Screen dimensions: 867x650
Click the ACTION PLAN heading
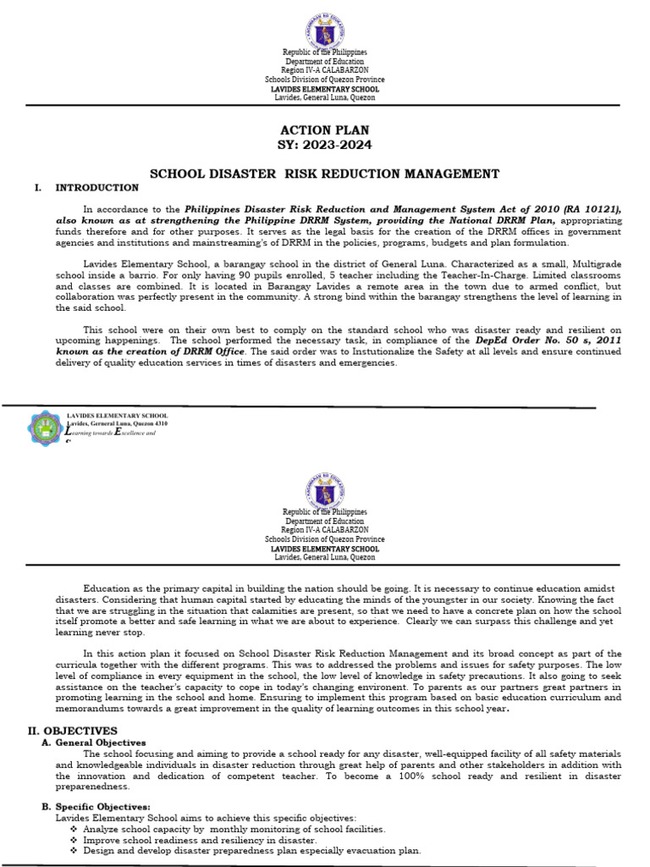(324, 130)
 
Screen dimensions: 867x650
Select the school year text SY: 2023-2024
(324, 144)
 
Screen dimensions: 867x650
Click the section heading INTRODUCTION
(97, 187)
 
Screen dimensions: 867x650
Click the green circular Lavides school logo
(44, 428)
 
